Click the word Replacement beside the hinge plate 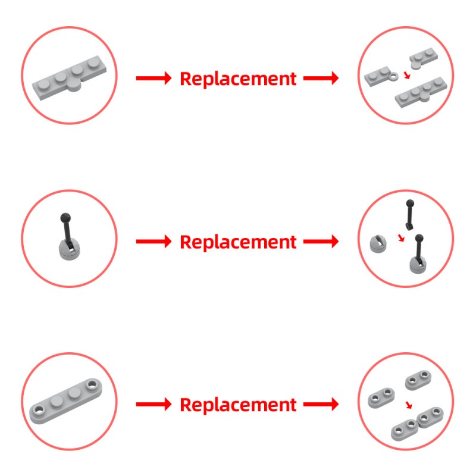coord(238,79)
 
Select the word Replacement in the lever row coord(238,242)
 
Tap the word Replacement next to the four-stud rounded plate coord(238,405)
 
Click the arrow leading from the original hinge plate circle coord(154,79)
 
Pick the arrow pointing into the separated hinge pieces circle coord(321,79)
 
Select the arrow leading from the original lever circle coord(154,242)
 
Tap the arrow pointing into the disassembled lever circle coord(321,242)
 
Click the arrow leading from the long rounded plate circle coord(154,404)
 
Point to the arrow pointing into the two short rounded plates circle coord(321,404)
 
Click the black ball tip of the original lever coord(65,218)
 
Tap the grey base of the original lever coord(69,250)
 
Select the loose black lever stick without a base coord(410,214)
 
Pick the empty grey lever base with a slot coord(378,243)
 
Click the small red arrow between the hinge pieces coord(407,75)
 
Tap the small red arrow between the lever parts coord(401,238)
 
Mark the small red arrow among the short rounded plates coord(409,405)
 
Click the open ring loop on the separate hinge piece coord(393,76)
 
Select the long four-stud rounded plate coord(65,400)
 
